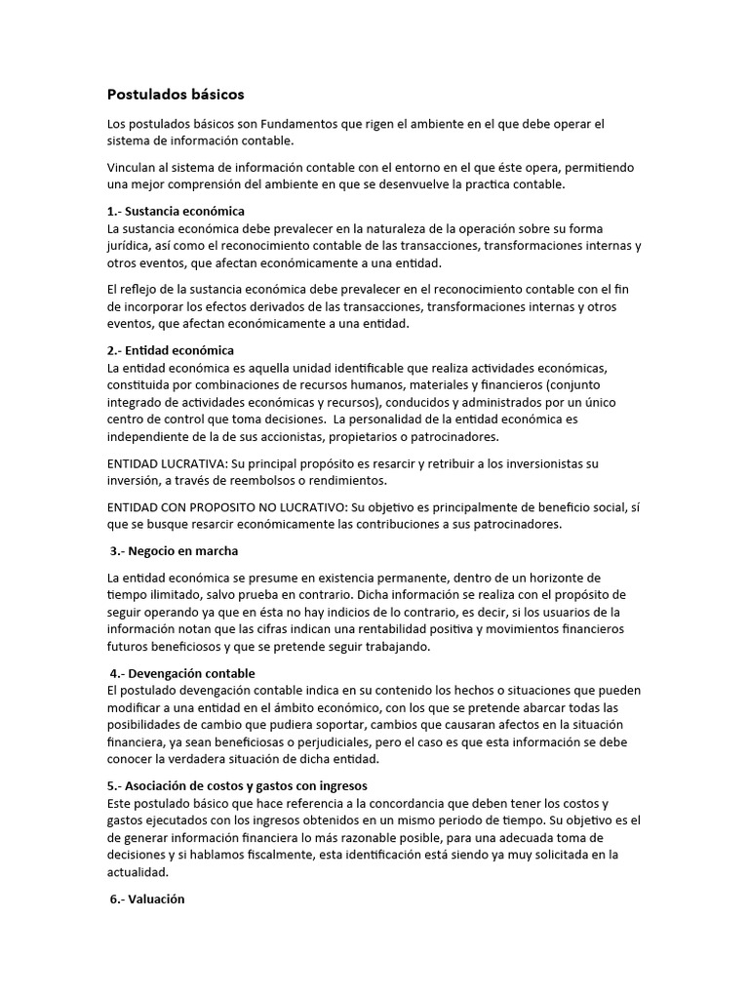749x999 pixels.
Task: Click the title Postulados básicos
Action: (x=176, y=95)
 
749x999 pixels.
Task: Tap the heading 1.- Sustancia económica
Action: (x=177, y=211)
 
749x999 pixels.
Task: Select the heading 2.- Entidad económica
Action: (x=171, y=350)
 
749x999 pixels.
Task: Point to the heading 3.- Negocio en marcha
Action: (x=175, y=551)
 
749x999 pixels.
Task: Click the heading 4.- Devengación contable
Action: (x=182, y=673)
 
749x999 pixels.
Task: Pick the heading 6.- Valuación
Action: (x=147, y=900)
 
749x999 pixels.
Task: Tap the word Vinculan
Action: (x=133, y=168)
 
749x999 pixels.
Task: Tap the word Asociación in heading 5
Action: (x=162, y=785)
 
